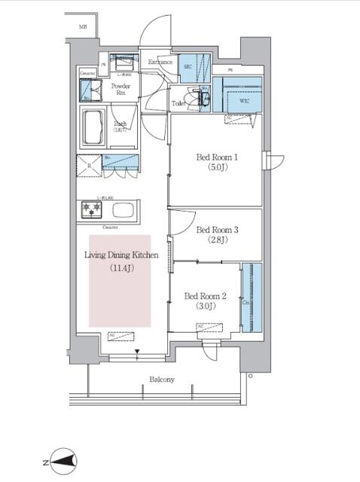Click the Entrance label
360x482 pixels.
click(160, 62)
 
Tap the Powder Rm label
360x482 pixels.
click(121, 90)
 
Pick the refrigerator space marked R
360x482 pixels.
click(88, 166)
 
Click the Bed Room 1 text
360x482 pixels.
click(217, 157)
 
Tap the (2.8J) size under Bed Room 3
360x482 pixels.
click(217, 242)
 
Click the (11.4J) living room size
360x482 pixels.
click(121, 268)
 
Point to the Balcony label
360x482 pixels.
click(161, 380)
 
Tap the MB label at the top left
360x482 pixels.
click(83, 28)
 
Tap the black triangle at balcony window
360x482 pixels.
click(137, 349)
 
